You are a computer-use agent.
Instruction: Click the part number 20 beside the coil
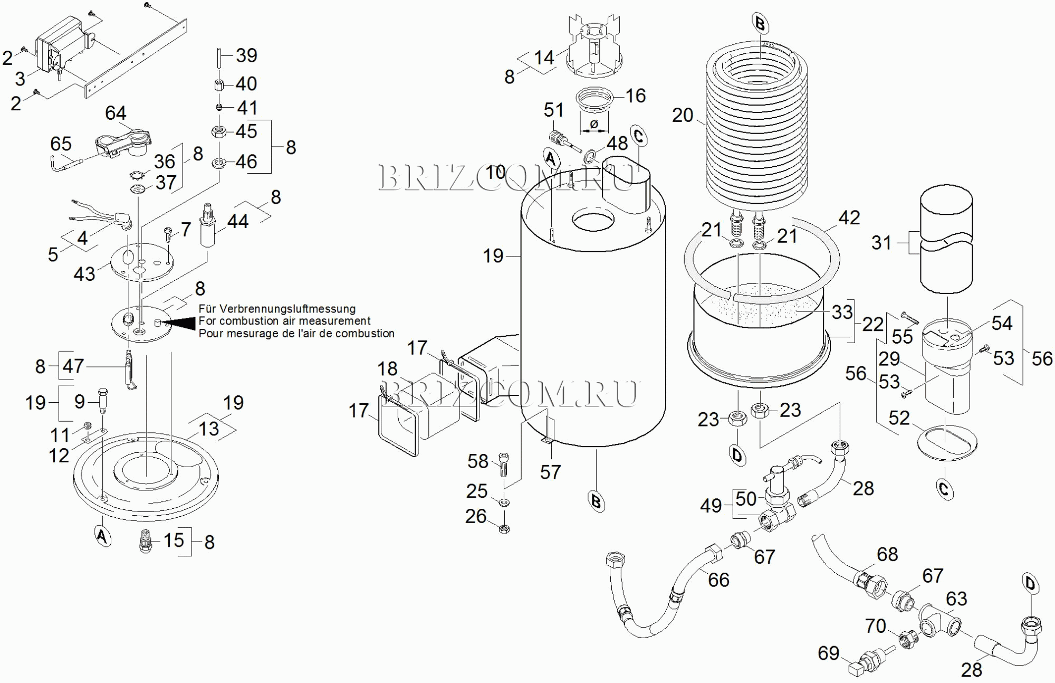pyautogui.click(x=682, y=115)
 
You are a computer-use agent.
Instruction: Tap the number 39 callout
pyautogui.click(x=246, y=55)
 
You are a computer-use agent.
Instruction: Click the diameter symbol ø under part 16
pyautogui.click(x=594, y=125)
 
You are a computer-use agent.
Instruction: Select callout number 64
pyautogui.click(x=116, y=113)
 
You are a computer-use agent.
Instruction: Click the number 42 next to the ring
pyautogui.click(x=849, y=217)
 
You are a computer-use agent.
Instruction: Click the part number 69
pyautogui.click(x=828, y=653)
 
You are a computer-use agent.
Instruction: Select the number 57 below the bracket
pyautogui.click(x=550, y=472)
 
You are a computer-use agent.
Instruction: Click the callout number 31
pyautogui.click(x=881, y=243)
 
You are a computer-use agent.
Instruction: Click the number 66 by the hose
pyautogui.click(x=718, y=580)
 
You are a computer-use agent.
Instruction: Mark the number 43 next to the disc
pyautogui.click(x=84, y=273)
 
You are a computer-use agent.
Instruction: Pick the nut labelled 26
pyautogui.click(x=504, y=528)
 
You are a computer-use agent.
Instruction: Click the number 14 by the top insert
pyautogui.click(x=544, y=57)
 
